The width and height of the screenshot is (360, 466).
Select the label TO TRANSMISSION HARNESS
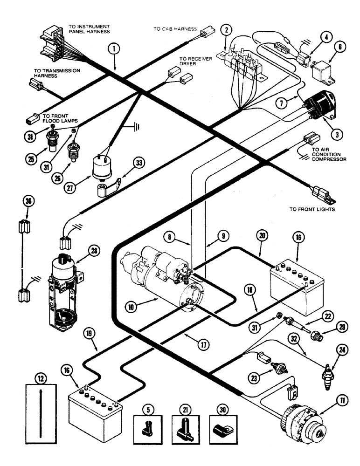click(57, 73)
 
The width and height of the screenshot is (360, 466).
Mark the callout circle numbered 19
click(90, 333)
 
